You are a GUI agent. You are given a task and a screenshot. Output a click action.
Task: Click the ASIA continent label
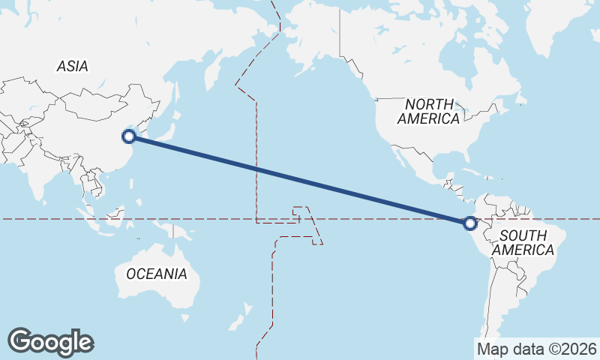point(73,67)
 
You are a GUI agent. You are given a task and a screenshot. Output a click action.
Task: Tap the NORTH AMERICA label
point(428,111)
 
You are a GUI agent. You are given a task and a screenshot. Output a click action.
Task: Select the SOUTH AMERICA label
point(525,242)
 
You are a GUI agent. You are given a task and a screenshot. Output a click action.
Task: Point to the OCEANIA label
point(157,274)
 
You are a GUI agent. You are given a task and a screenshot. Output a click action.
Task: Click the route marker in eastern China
point(129,136)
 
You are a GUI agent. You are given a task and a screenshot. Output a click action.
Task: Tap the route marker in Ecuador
point(470,223)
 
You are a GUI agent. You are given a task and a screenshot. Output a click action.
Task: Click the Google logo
point(50,341)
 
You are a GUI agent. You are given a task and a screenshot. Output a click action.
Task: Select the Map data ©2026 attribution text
point(536,349)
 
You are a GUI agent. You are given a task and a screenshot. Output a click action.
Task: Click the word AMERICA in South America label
point(525,250)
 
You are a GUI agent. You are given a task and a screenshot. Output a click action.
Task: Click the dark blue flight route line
point(300,179)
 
